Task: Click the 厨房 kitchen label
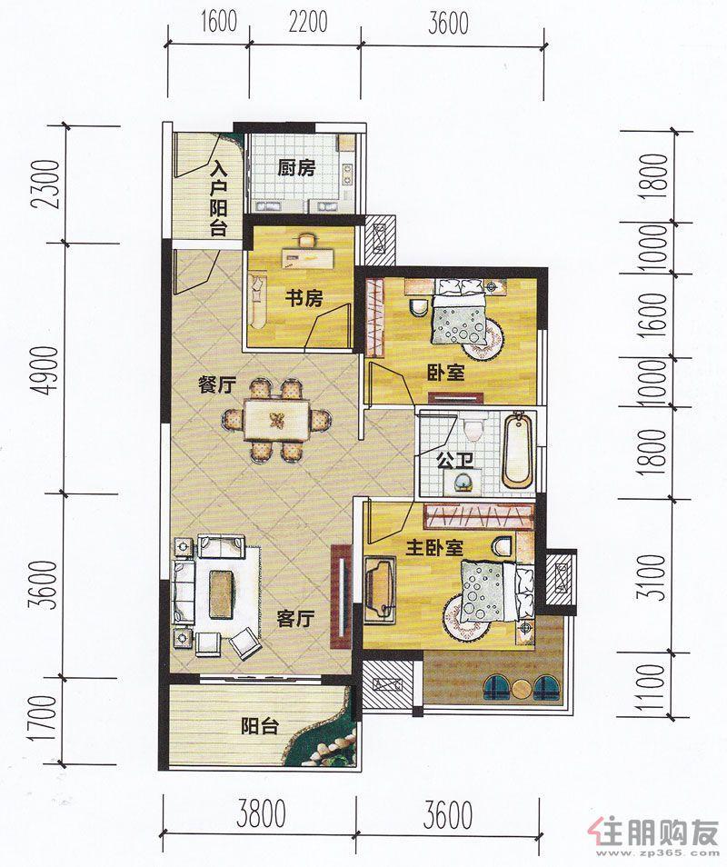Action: point(296,167)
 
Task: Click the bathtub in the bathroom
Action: point(517,449)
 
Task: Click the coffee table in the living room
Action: point(220,593)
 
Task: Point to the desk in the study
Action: point(309,257)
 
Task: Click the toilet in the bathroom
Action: point(473,429)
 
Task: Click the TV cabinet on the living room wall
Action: point(341,597)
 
